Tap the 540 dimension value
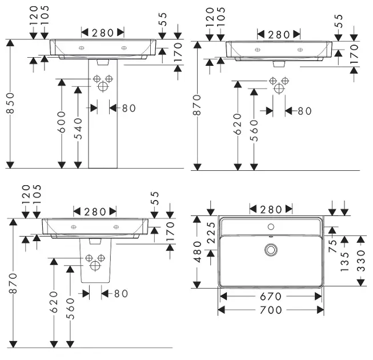(80, 128)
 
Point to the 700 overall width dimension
(271, 310)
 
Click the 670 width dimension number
(271, 297)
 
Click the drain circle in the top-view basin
(271, 250)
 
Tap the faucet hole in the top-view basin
(270, 227)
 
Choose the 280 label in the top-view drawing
(271, 210)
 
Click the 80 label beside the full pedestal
(129, 107)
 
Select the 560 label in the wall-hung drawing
(254, 130)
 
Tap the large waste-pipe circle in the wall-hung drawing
(279, 88)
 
